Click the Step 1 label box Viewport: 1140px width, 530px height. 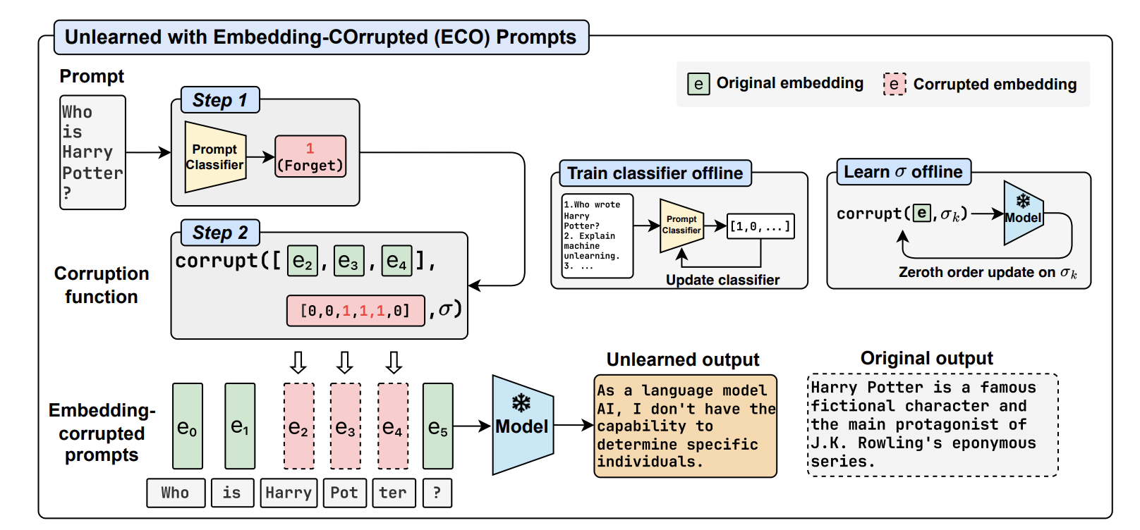220,100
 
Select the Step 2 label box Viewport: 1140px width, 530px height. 220,233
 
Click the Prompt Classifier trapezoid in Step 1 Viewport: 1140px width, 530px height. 214,157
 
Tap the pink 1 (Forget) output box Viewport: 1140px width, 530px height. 310,156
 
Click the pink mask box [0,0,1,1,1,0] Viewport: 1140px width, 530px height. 356,311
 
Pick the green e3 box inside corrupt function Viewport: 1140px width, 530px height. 348,261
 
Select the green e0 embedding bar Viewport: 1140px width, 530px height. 188,426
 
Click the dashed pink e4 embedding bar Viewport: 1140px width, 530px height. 393,426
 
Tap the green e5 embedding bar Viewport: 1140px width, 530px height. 438,426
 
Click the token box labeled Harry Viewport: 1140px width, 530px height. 289,493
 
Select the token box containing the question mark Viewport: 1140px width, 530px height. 437,493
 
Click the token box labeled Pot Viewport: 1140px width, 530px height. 344,493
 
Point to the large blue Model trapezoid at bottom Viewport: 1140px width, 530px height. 522,425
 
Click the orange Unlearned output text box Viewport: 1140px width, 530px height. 685,426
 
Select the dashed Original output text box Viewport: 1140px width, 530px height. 932,425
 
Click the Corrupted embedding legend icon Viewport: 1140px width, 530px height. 895,85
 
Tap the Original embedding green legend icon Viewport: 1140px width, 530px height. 698,84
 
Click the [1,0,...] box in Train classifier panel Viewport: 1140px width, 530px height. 760,226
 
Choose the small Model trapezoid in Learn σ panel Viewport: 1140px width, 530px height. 1021,214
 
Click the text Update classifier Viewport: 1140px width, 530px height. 722,280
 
